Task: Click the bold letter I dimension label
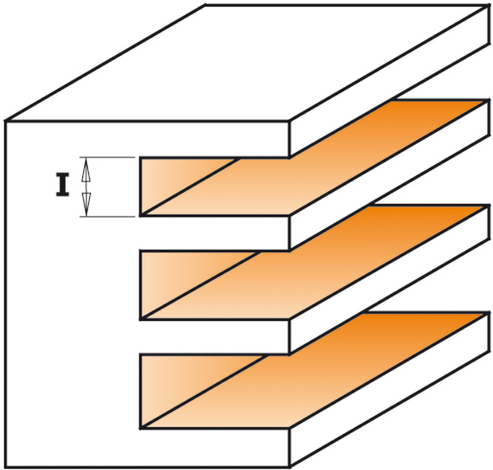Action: tap(63, 185)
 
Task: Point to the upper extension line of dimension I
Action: tap(107, 157)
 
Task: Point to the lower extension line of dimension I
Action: tap(107, 216)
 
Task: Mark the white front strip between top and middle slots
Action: tap(214, 233)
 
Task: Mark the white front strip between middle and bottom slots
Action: tap(214, 337)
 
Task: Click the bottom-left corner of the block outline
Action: tap(5, 467)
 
